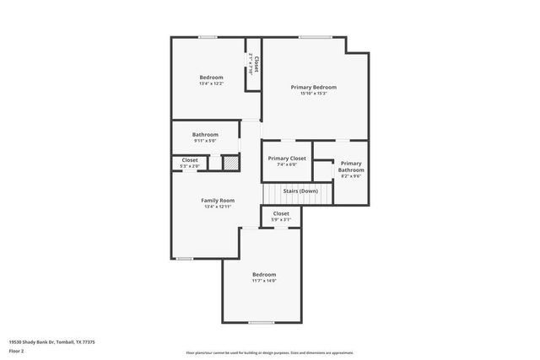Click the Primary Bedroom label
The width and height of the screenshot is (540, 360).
point(314,87)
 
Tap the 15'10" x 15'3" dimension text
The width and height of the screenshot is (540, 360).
point(314,93)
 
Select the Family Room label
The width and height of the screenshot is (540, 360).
point(217,200)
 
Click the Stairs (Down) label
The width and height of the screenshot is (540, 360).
point(300,191)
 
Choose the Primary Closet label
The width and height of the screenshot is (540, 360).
point(287,159)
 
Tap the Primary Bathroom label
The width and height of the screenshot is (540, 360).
point(351,167)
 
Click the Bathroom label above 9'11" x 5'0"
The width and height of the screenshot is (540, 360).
point(205,134)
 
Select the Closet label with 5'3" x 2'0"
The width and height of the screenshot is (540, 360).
point(190,160)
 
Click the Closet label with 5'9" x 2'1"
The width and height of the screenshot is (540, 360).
point(281,213)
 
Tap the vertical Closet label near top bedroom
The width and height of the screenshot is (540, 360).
point(256,64)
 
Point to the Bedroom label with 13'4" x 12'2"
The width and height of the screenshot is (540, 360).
point(211,78)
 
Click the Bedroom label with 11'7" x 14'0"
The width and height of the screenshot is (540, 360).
point(264,275)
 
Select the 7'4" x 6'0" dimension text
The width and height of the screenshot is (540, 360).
point(287,164)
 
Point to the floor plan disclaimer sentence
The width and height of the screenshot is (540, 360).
point(270,352)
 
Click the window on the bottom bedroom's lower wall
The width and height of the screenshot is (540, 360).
point(261,322)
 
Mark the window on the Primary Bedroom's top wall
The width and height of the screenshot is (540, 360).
point(314,37)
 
